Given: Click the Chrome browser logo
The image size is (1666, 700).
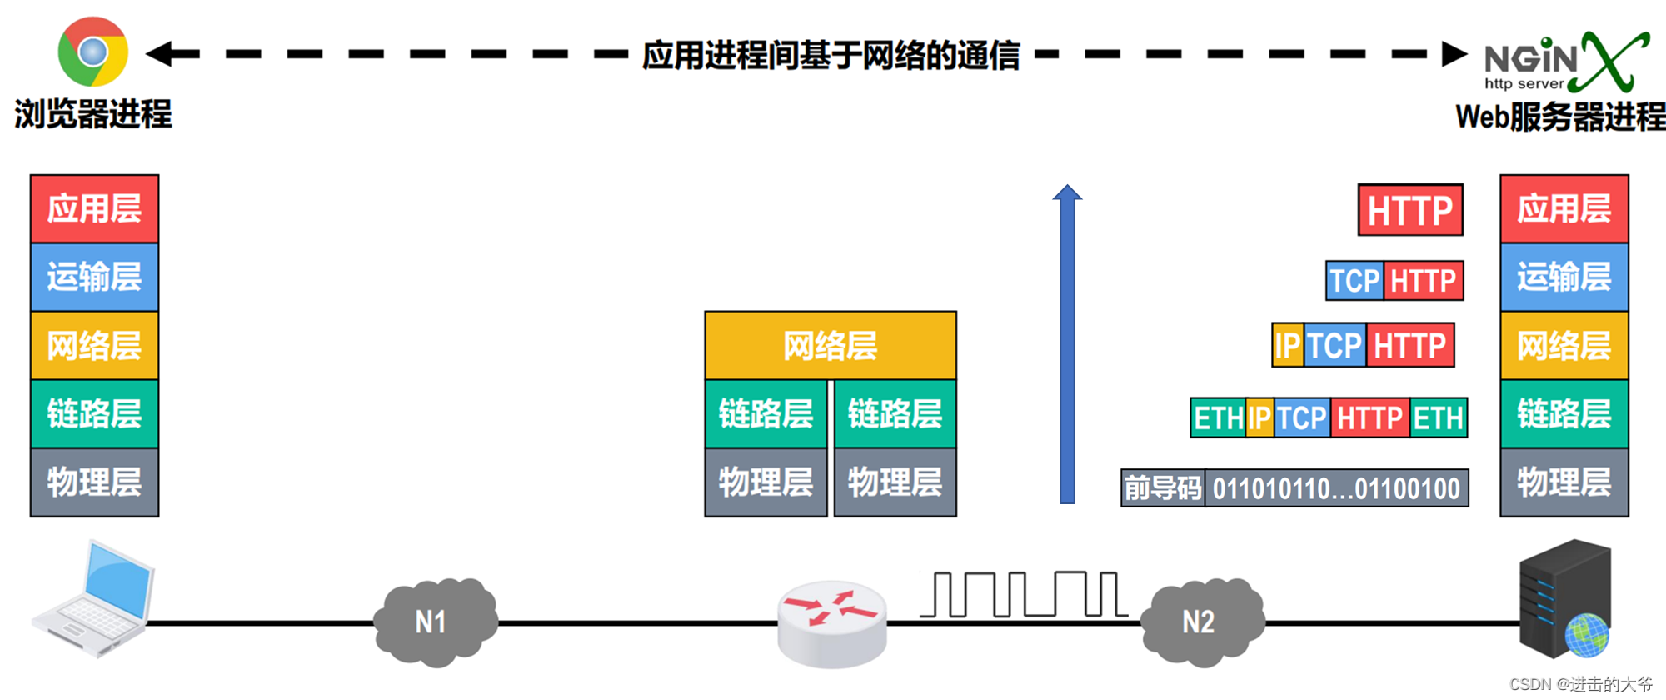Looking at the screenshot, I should point(92,52).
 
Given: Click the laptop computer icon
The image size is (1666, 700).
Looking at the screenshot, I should point(93,598).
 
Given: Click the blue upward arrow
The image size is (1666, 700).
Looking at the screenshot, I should point(1067,346).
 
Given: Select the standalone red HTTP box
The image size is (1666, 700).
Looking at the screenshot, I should point(1409,210).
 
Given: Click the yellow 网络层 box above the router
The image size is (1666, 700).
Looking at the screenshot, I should point(830,346).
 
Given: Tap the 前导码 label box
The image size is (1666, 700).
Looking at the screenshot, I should point(1163,488).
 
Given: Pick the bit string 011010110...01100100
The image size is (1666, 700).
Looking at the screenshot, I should point(1336,488).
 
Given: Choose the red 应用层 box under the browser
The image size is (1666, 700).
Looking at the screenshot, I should point(94,208).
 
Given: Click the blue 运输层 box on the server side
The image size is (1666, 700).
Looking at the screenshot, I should point(1564,277).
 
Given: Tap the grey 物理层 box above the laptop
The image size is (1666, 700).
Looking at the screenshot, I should point(94,482).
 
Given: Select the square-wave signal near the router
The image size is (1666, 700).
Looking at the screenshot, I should point(1024,594).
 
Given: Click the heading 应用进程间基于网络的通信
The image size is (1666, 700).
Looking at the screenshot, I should point(831,55).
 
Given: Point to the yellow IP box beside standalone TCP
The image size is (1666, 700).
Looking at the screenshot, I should point(1287,345).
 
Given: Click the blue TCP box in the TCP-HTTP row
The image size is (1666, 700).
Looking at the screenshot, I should point(1354,281).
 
